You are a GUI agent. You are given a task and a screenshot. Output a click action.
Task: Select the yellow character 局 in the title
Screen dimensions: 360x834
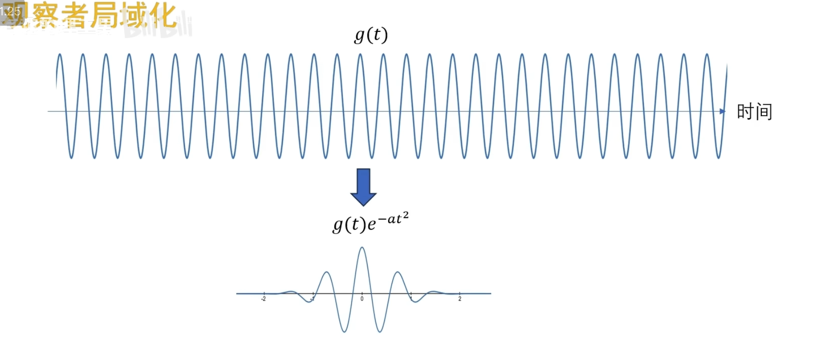[104, 15]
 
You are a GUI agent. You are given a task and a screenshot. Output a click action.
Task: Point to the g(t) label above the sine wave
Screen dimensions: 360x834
[371, 35]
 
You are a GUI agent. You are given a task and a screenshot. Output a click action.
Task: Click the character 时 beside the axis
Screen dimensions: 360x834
[745, 111]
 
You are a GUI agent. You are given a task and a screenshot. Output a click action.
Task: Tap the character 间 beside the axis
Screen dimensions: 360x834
[764, 111]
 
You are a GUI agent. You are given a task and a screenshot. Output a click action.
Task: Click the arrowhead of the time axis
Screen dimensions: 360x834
[723, 111]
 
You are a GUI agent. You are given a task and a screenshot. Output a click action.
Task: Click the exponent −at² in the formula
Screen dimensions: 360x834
[393, 218]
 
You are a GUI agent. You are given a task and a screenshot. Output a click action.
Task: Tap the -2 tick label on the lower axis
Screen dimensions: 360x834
[264, 299]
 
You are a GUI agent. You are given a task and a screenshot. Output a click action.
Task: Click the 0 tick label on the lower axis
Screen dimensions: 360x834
[362, 299]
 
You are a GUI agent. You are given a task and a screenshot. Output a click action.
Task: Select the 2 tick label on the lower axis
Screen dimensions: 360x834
[460, 299]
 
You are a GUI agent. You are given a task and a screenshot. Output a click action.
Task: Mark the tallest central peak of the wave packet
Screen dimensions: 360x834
[362, 248]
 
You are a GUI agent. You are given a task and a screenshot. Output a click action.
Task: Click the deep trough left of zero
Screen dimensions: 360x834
[344, 332]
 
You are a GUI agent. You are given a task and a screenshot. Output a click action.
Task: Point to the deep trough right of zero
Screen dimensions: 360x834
[380, 332]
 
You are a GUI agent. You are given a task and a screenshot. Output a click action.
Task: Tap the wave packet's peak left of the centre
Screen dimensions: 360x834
[326, 272]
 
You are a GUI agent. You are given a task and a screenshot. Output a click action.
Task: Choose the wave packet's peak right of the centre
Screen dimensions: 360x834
[398, 272]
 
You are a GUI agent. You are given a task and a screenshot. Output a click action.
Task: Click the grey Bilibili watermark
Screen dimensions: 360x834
[158, 27]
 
